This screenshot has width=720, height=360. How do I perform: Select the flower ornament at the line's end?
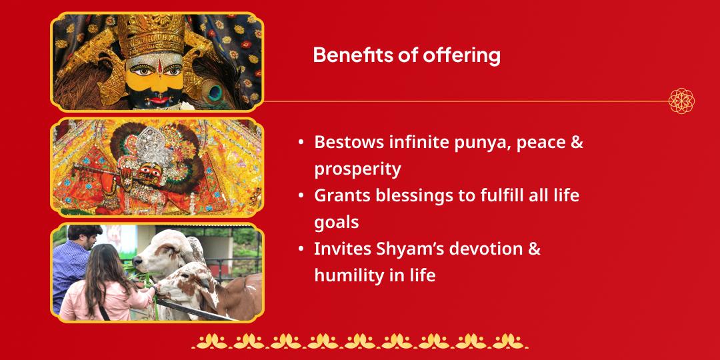click(x=681, y=101)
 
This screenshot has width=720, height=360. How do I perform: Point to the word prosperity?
click(x=358, y=169)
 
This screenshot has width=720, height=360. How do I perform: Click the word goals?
click(x=337, y=223)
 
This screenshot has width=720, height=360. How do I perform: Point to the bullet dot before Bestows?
click(x=301, y=143)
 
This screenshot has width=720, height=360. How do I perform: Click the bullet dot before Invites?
click(x=301, y=249)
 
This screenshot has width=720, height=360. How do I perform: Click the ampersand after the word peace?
click(x=577, y=143)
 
